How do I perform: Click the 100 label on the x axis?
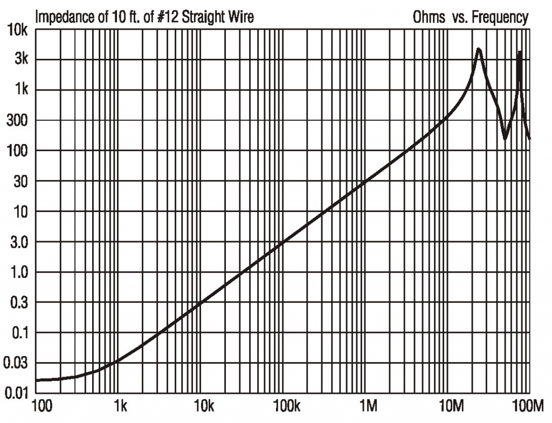pyautogui.click(x=43, y=406)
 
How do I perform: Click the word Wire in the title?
pyautogui.click(x=240, y=17)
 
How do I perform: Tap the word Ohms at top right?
pyautogui.click(x=429, y=17)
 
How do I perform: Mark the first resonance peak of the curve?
pyautogui.click(x=478, y=49)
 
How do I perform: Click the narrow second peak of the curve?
pyautogui.click(x=519, y=52)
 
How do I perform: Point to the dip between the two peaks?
pyautogui.click(x=505, y=138)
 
